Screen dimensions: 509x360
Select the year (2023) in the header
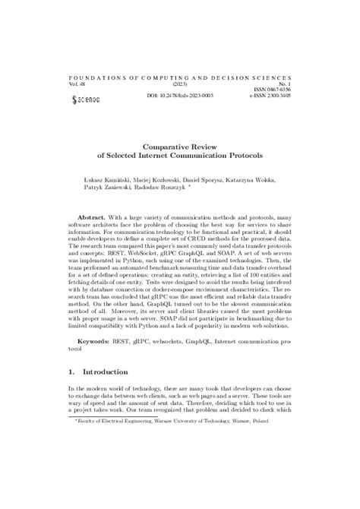pos(180,84)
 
